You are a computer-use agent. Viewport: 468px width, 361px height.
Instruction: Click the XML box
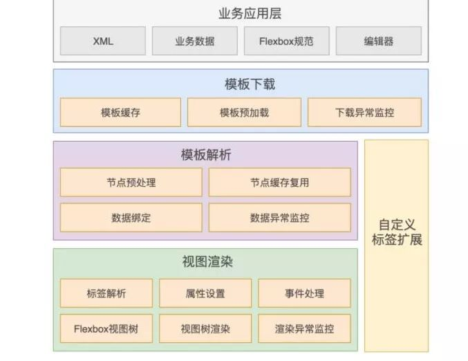[103, 41]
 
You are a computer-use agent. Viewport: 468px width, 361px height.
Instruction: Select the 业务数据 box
[194, 41]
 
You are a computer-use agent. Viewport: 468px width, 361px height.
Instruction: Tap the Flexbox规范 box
[286, 41]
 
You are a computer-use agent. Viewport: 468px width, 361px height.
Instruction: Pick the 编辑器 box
[378, 41]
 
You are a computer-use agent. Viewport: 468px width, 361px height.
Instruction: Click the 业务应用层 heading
[241, 13]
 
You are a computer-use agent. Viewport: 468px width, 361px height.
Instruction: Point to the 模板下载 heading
[241, 84]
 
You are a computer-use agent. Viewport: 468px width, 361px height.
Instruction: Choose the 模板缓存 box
[120, 112]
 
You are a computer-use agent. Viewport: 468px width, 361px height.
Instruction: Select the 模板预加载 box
[244, 112]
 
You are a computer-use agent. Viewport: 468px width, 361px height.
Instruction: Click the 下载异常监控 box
[364, 112]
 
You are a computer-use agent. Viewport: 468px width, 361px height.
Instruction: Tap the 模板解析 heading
[205, 155]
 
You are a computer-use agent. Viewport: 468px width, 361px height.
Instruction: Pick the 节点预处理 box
[131, 183]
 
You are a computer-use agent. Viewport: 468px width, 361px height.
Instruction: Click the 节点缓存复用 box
[279, 183]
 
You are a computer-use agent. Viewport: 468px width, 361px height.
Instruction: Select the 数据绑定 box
[131, 217]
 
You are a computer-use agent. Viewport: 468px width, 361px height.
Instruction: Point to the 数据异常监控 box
[279, 217]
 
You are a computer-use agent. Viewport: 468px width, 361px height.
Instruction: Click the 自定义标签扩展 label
[396, 232]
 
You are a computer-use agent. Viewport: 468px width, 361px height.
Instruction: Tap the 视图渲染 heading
[205, 262]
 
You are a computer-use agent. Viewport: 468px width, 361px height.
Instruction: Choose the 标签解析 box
[106, 293]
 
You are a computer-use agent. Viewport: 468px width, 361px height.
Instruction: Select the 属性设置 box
[205, 293]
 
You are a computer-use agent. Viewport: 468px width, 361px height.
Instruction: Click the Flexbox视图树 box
[106, 328]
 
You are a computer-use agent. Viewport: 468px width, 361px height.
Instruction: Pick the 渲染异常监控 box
[304, 328]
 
